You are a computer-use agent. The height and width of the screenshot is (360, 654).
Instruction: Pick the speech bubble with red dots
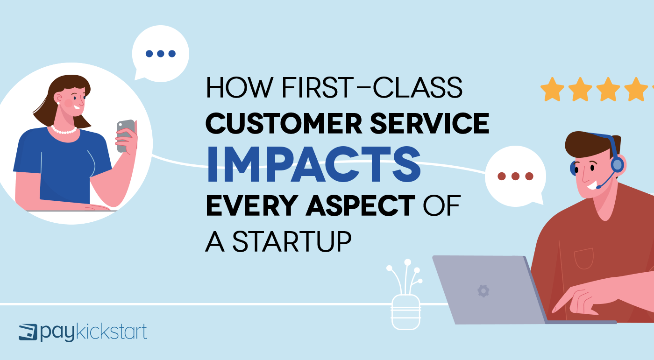tap(515, 177)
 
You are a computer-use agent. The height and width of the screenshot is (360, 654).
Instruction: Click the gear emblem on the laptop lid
tap(483, 291)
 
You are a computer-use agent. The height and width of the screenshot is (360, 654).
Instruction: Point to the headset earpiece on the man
tap(617, 164)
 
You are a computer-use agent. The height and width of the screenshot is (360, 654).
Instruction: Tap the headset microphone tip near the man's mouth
tap(598, 187)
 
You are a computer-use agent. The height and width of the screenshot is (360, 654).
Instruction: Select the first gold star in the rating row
tap(552, 89)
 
